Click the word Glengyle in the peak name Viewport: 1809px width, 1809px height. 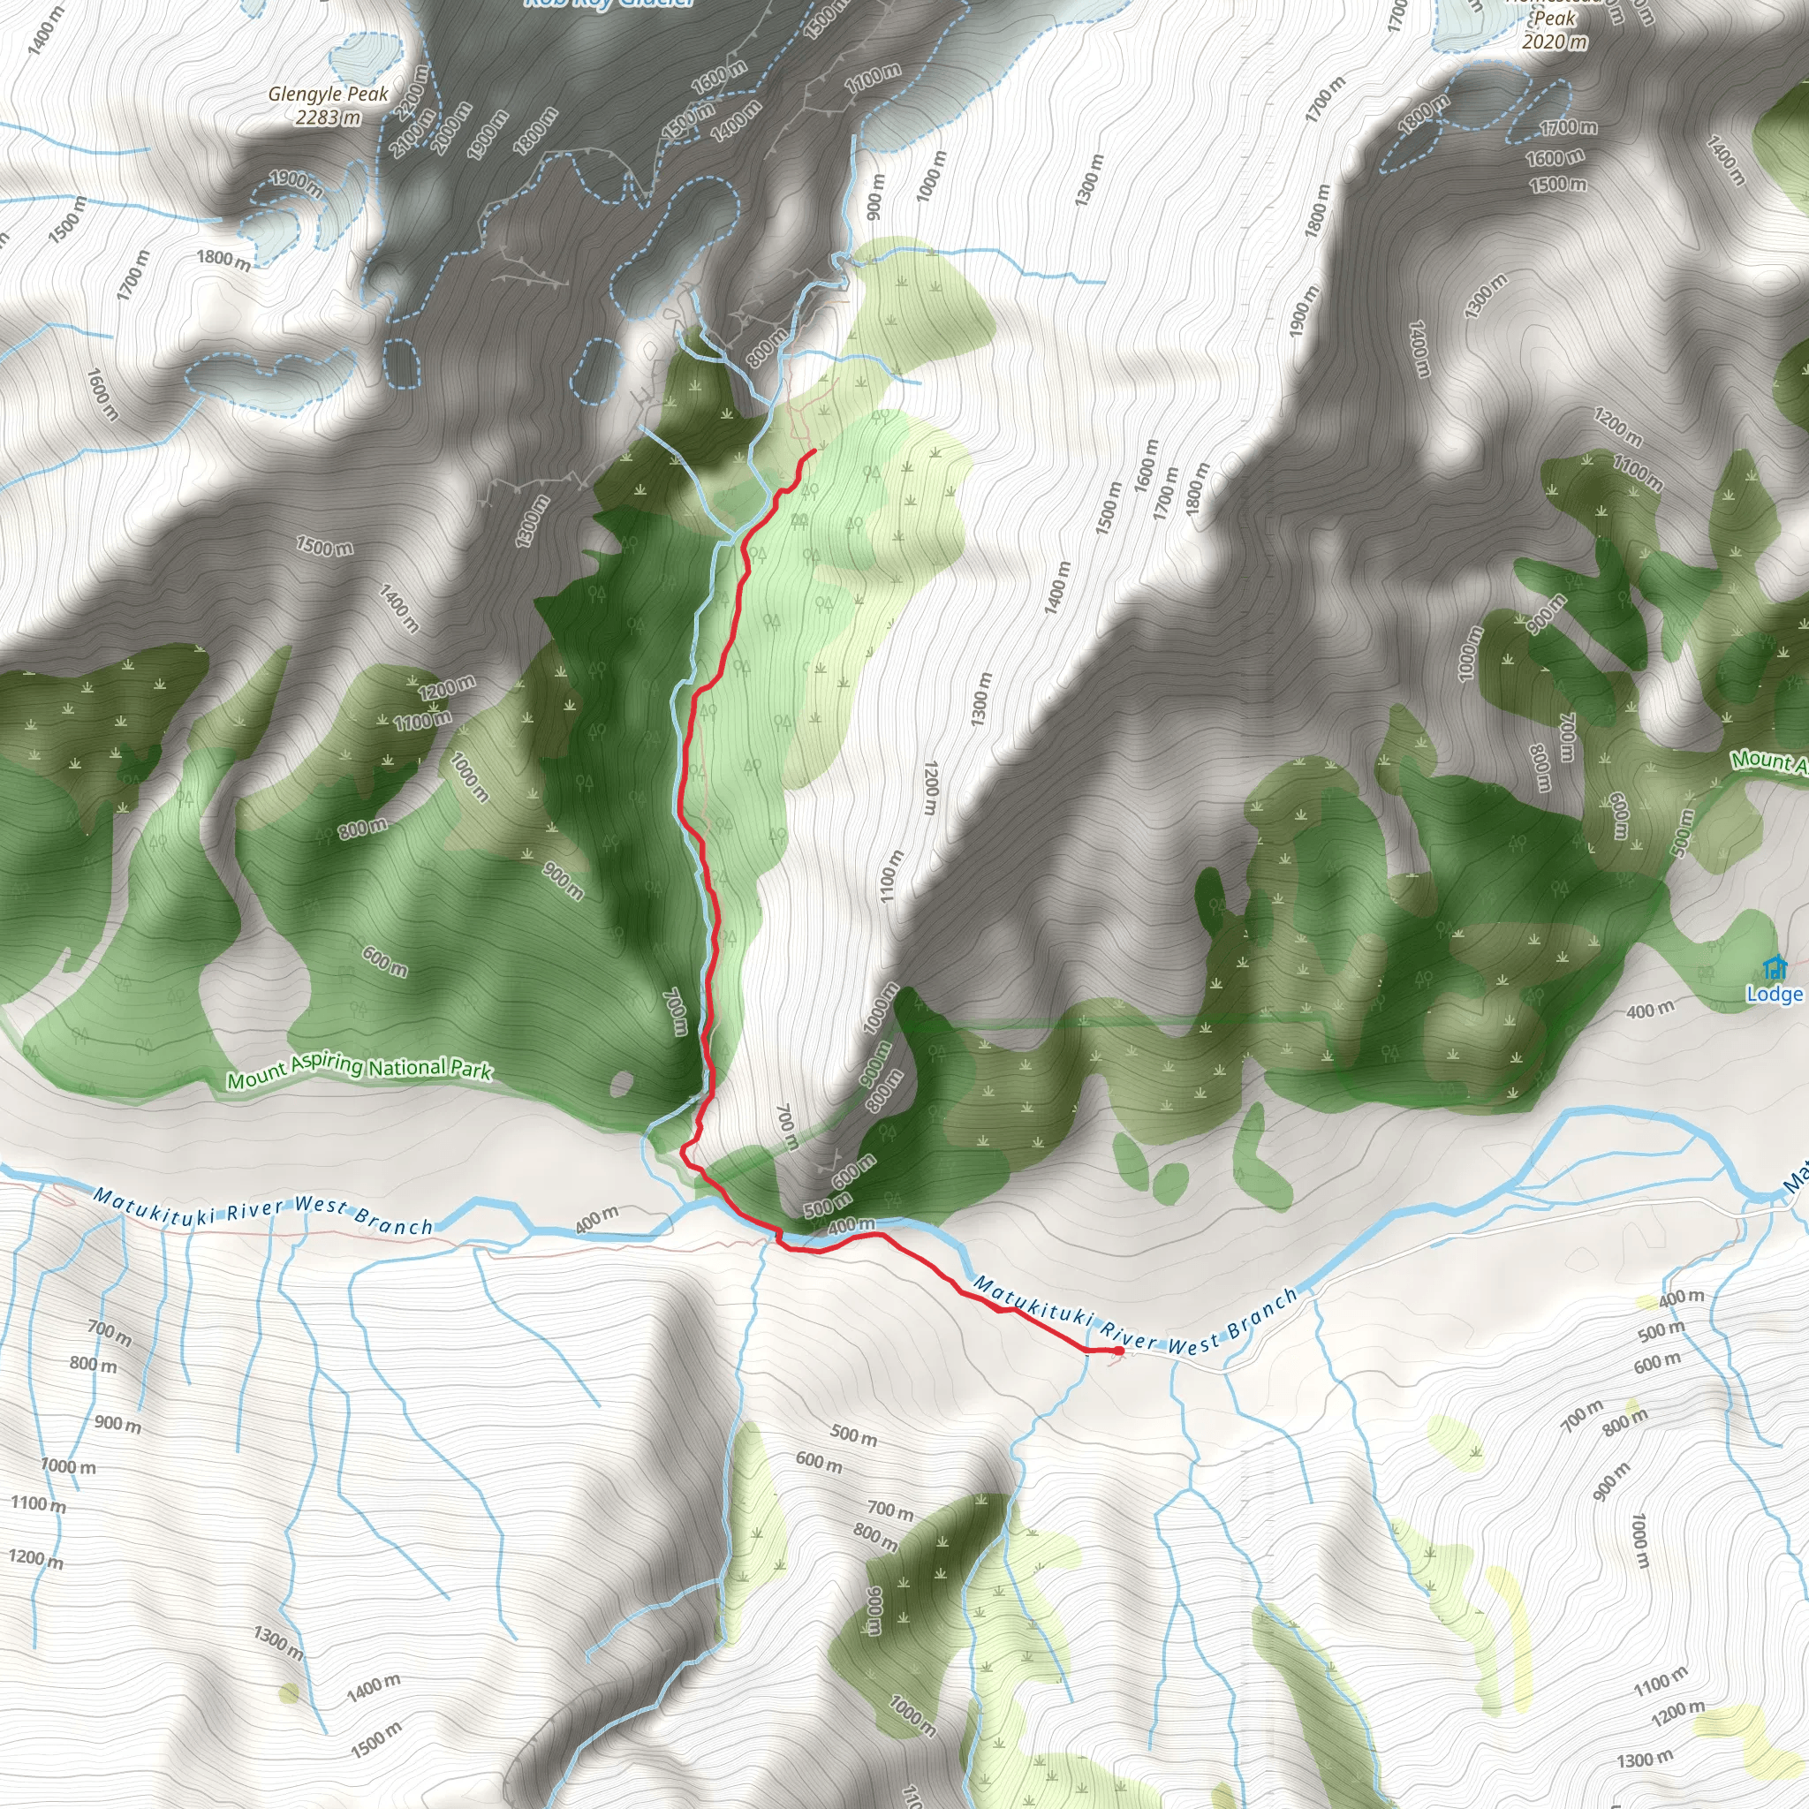[306, 95]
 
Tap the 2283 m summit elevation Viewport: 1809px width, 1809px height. [328, 118]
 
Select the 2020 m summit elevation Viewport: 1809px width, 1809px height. [1555, 42]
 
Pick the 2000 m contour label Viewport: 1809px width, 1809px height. [452, 127]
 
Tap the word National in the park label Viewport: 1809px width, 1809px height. [407, 1067]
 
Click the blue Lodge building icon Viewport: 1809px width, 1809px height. [1774, 966]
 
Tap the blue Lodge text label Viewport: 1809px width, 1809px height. [1774, 995]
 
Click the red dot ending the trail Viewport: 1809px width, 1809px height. [1119, 1351]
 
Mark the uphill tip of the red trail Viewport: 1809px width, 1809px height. [813, 451]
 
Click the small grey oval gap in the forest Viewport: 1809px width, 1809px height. [620, 1085]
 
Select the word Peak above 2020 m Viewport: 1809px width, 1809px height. [1555, 19]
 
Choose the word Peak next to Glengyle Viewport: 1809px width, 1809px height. [368, 95]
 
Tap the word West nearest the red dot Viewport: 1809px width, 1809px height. [1192, 1345]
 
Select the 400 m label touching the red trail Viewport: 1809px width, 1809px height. [852, 1226]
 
